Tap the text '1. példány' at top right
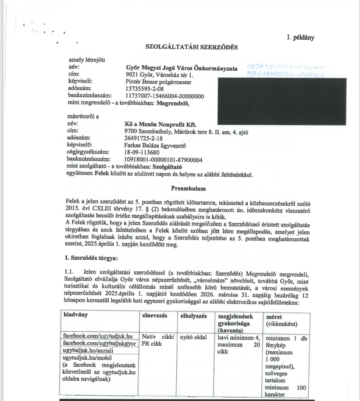click(x=300, y=38)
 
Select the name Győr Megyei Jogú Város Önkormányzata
click(x=181, y=68)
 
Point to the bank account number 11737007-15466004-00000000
click(x=165, y=96)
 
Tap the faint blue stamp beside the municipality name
click(x=285, y=70)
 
